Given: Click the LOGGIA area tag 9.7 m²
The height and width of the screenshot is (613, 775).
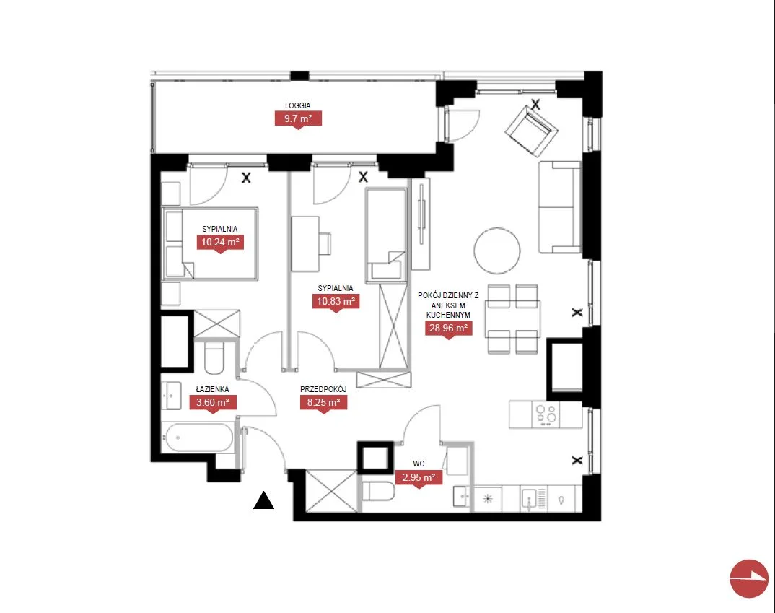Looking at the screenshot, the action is click(298, 118).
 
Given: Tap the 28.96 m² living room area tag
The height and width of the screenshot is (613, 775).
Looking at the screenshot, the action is click(448, 329).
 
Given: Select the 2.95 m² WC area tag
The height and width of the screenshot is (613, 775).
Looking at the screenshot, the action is click(419, 477).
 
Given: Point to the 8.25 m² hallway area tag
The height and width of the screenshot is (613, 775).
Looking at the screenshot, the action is click(323, 402).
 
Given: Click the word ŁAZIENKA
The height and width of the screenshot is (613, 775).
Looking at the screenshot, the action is click(213, 390).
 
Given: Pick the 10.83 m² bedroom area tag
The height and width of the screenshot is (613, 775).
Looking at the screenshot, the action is click(336, 301).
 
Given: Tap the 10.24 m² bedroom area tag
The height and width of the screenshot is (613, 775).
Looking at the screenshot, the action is click(220, 242).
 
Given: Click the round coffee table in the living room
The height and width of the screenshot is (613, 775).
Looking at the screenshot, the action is click(497, 251).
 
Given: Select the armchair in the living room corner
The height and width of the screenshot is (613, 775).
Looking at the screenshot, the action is click(531, 131).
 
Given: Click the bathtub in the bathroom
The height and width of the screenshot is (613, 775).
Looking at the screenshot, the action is click(199, 438).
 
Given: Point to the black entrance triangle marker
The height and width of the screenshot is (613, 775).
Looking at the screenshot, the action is click(264, 500).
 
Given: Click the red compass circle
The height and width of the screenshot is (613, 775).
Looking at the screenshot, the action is click(749, 578).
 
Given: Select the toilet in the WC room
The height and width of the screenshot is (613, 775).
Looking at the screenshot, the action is click(378, 492).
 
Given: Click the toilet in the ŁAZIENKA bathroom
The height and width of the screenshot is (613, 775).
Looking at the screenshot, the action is click(214, 357).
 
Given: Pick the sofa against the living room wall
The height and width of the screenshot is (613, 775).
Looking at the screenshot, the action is click(559, 207).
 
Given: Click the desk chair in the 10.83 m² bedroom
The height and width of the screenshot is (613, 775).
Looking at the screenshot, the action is click(325, 244).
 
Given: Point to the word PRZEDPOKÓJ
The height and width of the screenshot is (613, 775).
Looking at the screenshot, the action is click(323, 390).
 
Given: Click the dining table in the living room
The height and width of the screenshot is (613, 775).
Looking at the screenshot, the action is click(512, 319).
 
